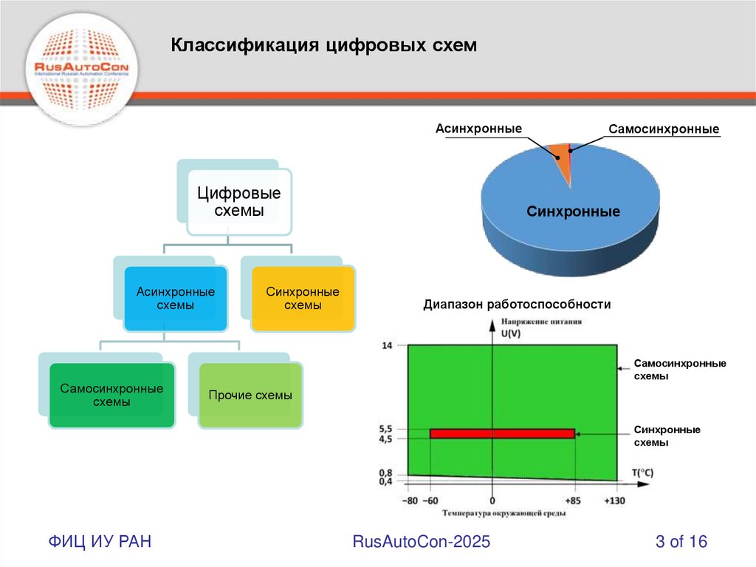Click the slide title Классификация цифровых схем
[x=324, y=46]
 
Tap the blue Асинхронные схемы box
[x=176, y=299]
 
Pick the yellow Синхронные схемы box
[x=303, y=299]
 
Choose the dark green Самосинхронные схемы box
[x=111, y=395]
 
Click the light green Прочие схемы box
[x=250, y=395]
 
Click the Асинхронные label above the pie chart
[x=478, y=129]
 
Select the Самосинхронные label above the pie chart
[x=664, y=129]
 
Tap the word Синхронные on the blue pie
[x=573, y=212]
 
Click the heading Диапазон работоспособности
[x=517, y=304]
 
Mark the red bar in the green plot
[x=502, y=433]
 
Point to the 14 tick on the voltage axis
[x=387, y=345]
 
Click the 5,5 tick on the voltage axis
[x=385, y=429]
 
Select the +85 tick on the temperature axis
[x=574, y=501]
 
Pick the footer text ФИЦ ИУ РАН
[x=100, y=542]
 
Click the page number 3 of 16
[x=681, y=542]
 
